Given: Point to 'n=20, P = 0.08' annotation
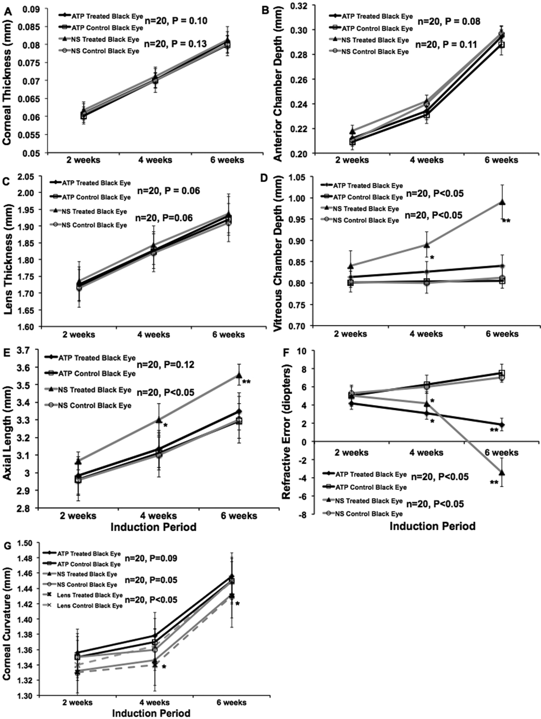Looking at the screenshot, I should point(448,21).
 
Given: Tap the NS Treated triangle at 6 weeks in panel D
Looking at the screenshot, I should point(502,202).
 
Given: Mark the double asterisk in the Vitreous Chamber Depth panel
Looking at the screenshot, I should point(506,221).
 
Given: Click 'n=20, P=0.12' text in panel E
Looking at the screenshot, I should point(165,364).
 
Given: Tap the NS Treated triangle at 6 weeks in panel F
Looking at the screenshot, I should point(502,472).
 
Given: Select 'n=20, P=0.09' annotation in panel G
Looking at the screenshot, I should point(150,558).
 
